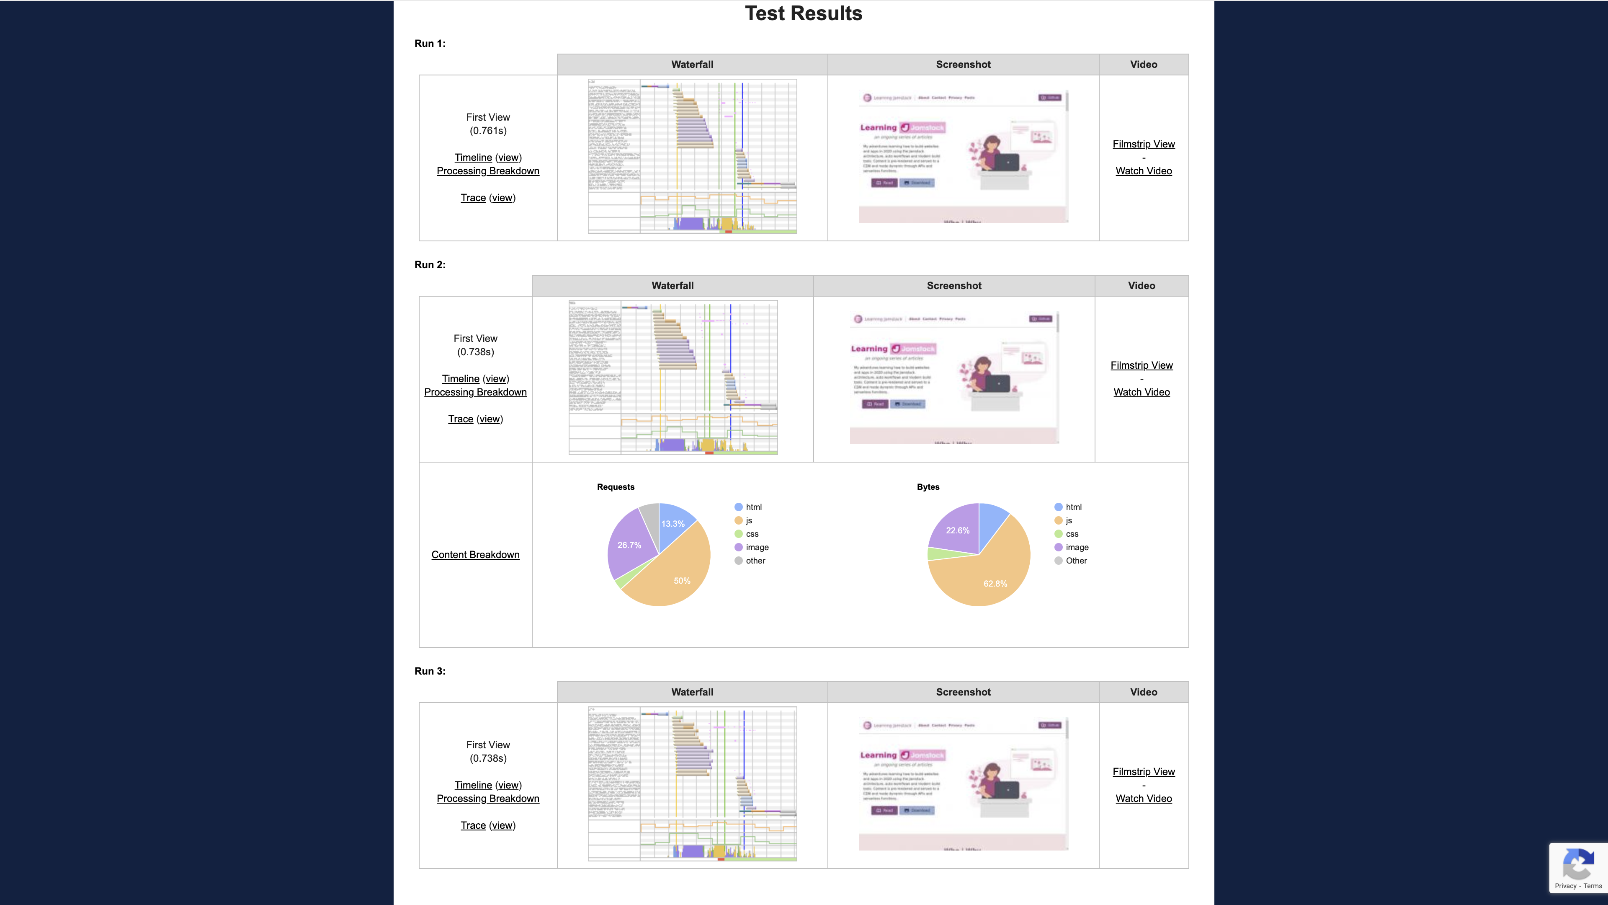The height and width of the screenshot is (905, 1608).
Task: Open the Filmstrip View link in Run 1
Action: [x=1144, y=144]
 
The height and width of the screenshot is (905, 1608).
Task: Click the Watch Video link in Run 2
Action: [x=1141, y=392]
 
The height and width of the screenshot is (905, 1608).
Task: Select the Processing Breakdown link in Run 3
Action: [x=487, y=799]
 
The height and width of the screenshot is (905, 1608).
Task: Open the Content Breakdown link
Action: [x=475, y=555]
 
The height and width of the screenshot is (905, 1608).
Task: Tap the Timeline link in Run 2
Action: [x=461, y=379]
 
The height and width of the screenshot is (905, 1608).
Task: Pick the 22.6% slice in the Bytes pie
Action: [x=957, y=530]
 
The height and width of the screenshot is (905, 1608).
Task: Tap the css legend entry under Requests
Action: [x=752, y=534]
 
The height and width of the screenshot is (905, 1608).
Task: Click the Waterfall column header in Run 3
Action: [x=692, y=692]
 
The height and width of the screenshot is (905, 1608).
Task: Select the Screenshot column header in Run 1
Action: [x=963, y=65]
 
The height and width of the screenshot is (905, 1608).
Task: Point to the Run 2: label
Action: [x=430, y=265]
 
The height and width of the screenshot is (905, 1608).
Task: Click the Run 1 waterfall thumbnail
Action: [x=692, y=156]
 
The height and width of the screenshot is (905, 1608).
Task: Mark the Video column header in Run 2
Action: [x=1141, y=285]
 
